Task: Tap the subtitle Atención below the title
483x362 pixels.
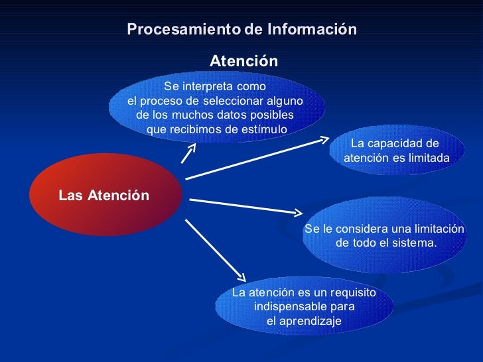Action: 243,62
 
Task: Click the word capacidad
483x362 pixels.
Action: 401,144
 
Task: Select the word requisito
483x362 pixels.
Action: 351,293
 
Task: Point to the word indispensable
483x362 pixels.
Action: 287,307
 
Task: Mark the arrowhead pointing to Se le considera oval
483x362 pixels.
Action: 297,213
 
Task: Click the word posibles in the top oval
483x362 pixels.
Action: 268,115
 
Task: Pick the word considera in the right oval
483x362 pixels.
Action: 362,229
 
